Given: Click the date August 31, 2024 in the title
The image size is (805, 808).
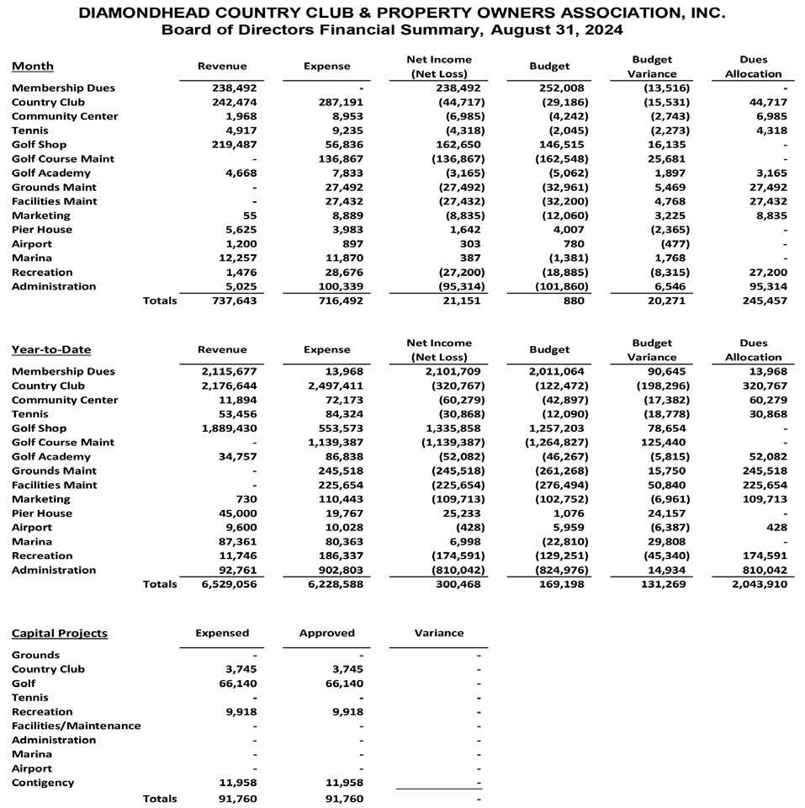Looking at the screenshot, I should point(546,30).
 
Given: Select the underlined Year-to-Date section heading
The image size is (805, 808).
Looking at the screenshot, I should point(51,349).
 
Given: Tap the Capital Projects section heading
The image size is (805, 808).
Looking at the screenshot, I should point(60,633).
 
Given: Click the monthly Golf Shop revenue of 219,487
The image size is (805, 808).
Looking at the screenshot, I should point(234,145).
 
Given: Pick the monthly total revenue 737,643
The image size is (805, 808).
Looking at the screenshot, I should point(234,300).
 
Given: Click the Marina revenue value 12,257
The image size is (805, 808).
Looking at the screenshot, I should point(236,258).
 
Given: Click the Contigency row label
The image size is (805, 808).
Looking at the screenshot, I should point(43,783).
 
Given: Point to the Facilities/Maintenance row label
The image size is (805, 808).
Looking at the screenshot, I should point(77,726).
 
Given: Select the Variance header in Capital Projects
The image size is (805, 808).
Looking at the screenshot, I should point(438,633).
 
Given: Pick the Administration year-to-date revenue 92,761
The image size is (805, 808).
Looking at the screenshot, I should point(236,570).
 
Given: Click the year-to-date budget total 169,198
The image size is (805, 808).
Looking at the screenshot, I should point(561,584).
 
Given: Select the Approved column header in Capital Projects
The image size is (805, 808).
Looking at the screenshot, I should point(326,633).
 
